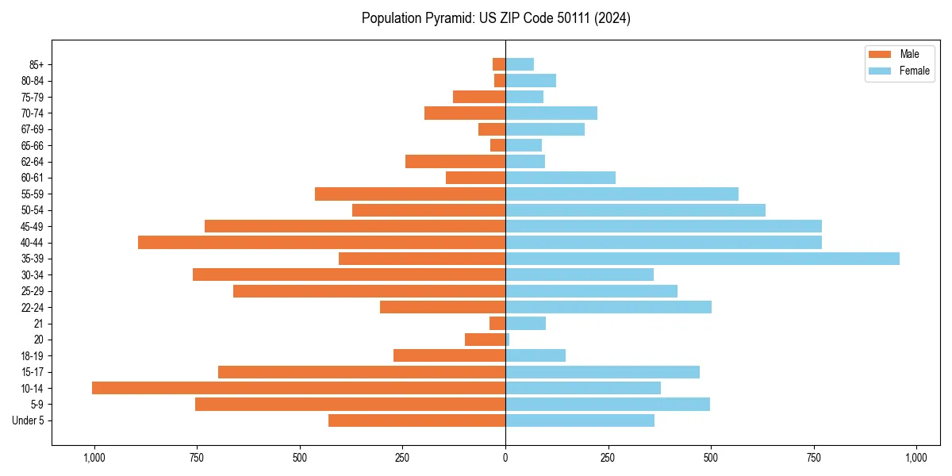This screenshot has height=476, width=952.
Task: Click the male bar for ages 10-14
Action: [x=298, y=388]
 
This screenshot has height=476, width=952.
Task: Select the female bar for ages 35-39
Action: [x=702, y=259]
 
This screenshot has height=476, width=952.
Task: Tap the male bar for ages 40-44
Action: [x=321, y=242]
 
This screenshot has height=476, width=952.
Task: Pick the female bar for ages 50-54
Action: [x=635, y=210]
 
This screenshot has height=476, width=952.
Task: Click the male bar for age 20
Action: [x=485, y=340]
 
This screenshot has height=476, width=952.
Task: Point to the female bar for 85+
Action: [x=520, y=64]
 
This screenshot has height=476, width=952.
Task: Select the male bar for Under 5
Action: [x=416, y=420]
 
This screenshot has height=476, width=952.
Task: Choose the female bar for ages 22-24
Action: [x=608, y=307]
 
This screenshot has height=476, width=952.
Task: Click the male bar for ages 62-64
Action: [x=455, y=161]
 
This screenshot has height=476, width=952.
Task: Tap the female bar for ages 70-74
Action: [x=551, y=113]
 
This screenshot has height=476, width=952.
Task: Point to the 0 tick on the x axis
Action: [x=505, y=457]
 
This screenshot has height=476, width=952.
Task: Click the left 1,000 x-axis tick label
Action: [x=94, y=457]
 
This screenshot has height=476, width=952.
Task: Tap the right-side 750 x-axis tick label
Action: [x=814, y=457]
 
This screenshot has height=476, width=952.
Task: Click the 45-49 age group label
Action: [x=33, y=226]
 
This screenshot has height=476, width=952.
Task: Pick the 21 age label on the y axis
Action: [x=39, y=323]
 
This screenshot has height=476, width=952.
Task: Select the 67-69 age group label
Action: [x=33, y=129]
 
